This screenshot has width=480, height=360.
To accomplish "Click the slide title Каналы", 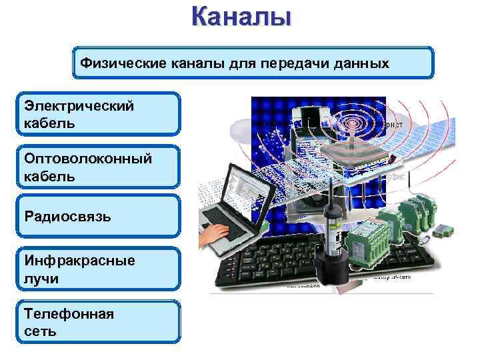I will (x=241, y=15).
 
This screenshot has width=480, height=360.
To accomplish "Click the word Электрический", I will (x=79, y=106).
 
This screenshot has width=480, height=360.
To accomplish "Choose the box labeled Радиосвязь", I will (x=99, y=216).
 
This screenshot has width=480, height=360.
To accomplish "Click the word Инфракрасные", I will (x=79, y=261).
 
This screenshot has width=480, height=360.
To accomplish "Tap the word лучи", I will (x=41, y=279).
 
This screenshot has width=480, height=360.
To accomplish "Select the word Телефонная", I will (x=69, y=313).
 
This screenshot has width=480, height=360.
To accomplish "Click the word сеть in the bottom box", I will (x=40, y=331).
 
